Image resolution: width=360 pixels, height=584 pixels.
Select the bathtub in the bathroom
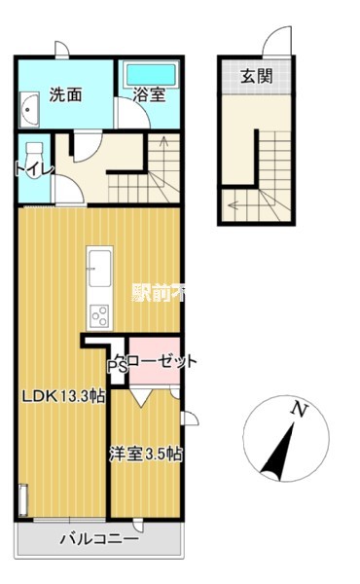click(149, 74)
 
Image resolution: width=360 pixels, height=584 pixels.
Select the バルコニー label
click(98, 537)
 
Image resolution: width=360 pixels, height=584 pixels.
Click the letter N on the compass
click(302, 411)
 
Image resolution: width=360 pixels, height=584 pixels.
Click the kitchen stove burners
click(100, 314)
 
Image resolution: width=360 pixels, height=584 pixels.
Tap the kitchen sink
click(100, 264)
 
